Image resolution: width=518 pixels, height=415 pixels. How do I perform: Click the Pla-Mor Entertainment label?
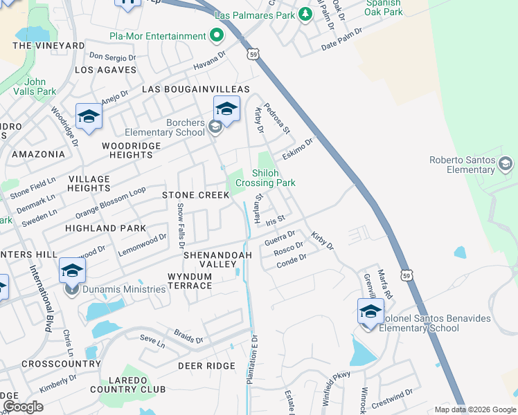click(x=157, y=36)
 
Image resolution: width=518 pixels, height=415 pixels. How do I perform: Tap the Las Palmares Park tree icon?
click(x=305, y=15)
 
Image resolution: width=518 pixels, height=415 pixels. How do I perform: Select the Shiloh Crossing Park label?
click(x=265, y=178)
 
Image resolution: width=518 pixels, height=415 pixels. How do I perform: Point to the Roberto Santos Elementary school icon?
click(x=506, y=164)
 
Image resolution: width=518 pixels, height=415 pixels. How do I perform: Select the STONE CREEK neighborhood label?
click(x=195, y=195)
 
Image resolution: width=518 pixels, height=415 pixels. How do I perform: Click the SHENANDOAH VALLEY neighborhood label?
click(x=217, y=259)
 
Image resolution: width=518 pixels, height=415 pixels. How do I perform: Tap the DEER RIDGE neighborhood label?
click(x=204, y=365)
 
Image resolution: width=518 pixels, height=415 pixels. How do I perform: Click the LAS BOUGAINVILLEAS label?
click(x=195, y=90)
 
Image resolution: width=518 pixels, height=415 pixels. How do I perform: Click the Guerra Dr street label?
click(x=280, y=239)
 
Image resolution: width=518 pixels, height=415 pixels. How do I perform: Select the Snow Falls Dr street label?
click(x=180, y=226)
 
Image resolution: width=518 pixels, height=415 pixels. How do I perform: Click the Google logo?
click(x=23, y=407)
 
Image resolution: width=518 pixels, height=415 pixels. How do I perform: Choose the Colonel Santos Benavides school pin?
click(x=370, y=312)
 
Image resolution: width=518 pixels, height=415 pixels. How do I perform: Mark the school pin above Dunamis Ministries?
click(x=72, y=271)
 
